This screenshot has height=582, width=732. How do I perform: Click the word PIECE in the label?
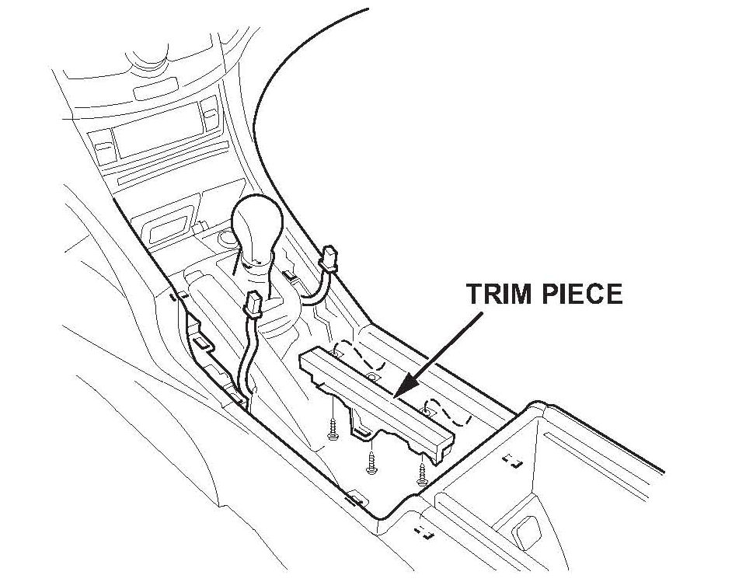582,294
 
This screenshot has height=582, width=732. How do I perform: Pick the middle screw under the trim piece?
371,462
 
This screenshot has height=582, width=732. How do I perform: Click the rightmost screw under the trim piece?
422,474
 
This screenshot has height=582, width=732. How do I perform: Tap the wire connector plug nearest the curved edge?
329,257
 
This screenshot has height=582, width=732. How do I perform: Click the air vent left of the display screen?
100,145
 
